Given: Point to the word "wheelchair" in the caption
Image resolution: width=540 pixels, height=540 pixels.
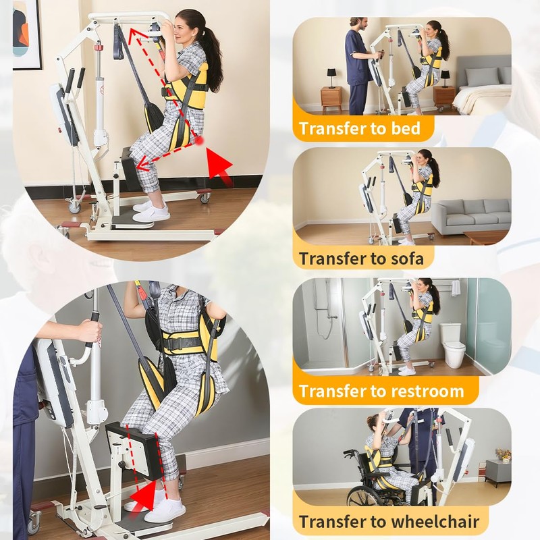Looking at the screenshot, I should pyautogui.click(x=441, y=521).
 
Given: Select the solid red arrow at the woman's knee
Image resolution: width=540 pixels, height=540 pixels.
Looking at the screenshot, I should pyautogui.click(x=217, y=165).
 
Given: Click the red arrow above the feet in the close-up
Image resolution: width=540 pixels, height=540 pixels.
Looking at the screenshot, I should pyautogui.click(x=142, y=497).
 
